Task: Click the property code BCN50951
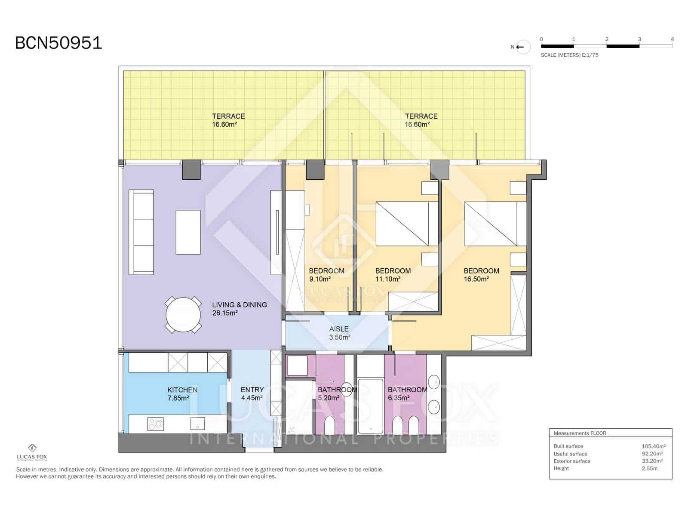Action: point(58,43)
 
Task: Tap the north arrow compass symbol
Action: point(522,47)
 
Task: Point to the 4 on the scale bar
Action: point(672,39)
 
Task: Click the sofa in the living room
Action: point(142,232)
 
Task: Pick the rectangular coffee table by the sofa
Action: point(188,232)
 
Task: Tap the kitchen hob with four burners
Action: point(155,424)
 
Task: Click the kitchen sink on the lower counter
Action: point(198,424)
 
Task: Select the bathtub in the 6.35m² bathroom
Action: point(370,405)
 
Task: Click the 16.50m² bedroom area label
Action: point(481,275)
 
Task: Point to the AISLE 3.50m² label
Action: point(339,333)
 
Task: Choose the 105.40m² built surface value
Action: point(653,446)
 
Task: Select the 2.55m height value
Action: point(649,468)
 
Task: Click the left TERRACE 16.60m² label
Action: point(228,120)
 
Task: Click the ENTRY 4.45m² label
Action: point(252,393)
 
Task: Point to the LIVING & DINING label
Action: point(239,304)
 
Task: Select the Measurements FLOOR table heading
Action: point(580,433)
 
